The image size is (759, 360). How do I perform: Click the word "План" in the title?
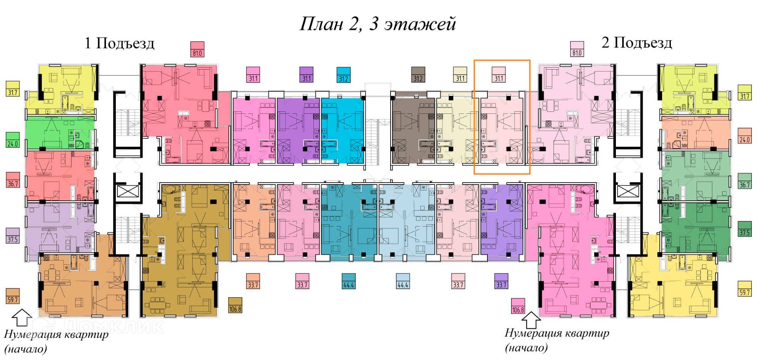(x=321, y=24)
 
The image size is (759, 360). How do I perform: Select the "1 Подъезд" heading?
(x=119, y=43)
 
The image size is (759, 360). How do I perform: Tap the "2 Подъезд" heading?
(x=636, y=42)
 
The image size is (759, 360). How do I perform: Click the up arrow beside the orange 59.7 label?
(x=22, y=317)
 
